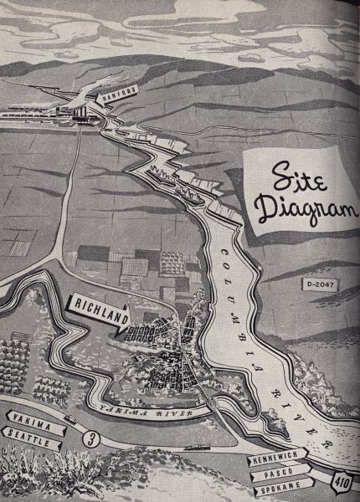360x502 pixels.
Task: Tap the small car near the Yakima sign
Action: pyautogui.click(x=69, y=418)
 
